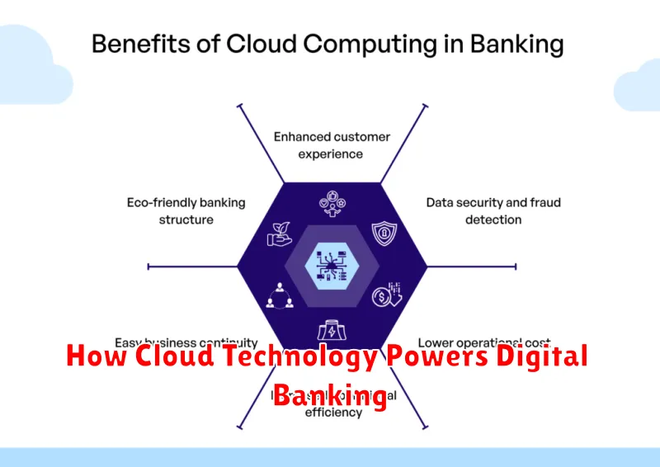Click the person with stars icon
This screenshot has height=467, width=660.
(x=331, y=203)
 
